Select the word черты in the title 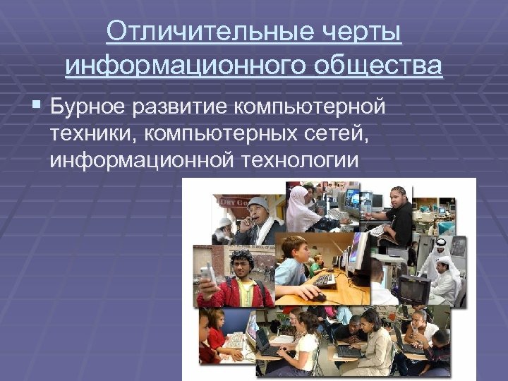coord(365,33)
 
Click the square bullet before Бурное coord(37,106)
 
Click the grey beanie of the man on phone coord(258,203)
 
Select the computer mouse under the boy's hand coord(317,297)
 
